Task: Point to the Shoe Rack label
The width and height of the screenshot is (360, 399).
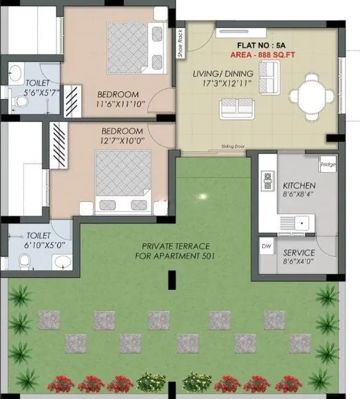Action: pos(180,43)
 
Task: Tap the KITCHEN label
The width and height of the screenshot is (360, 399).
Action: pos(299,185)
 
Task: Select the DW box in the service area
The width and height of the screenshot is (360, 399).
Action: pos(266,247)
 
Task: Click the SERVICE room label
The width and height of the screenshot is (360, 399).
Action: pos(299,253)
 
